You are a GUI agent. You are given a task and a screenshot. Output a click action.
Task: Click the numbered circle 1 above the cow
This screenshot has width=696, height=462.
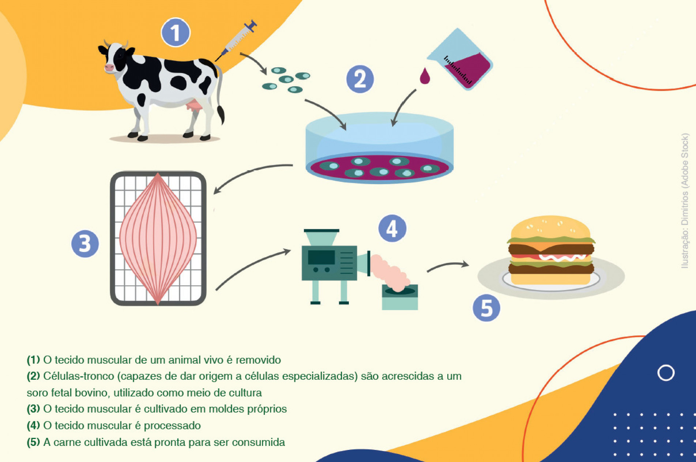point(176,33)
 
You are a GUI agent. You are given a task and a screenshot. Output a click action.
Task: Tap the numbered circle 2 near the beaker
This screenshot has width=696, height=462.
point(360,79)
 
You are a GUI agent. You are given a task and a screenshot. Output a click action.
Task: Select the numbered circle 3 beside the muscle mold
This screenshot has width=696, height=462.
point(85,244)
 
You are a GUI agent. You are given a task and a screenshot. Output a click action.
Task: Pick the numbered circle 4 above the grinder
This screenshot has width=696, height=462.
point(392,229)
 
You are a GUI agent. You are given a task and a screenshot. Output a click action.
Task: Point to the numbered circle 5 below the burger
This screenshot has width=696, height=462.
point(486,308)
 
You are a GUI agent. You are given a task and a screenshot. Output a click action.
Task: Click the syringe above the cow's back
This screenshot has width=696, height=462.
point(236,41)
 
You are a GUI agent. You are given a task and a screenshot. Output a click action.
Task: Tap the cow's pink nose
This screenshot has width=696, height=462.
point(109,68)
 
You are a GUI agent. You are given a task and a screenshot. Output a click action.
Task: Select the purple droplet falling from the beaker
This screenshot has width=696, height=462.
point(425,76)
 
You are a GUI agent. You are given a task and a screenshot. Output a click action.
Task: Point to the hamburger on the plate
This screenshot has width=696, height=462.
point(551,250)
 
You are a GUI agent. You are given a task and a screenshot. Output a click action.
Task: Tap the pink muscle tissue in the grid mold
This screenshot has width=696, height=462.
point(158,238)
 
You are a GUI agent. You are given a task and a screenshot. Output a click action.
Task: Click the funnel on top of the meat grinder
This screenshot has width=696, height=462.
point(321,237)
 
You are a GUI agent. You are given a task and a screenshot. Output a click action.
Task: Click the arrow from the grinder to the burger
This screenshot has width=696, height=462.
point(448,266)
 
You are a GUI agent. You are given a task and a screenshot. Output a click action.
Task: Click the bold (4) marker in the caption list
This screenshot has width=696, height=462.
point(33,425)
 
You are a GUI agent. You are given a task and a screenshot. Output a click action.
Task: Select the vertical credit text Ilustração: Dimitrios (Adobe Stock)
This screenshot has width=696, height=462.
point(685,201)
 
